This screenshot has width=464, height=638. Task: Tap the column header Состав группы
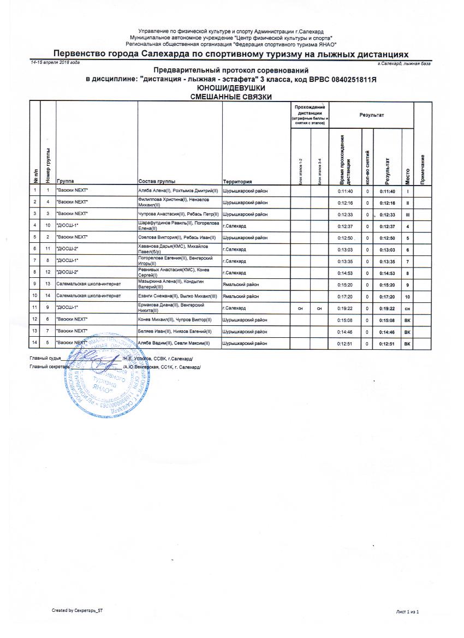pyautogui.click(x=156, y=181)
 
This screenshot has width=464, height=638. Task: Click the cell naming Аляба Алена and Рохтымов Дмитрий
pyautogui.click(x=178, y=191)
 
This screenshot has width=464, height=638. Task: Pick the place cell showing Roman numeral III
pyautogui.click(x=407, y=214)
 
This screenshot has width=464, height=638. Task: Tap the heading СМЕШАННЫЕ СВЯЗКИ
pyautogui.click(x=231, y=97)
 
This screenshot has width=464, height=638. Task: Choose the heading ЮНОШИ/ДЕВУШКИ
pyautogui.click(x=231, y=88)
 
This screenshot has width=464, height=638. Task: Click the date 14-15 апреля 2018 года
pyautogui.click(x=55, y=63)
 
